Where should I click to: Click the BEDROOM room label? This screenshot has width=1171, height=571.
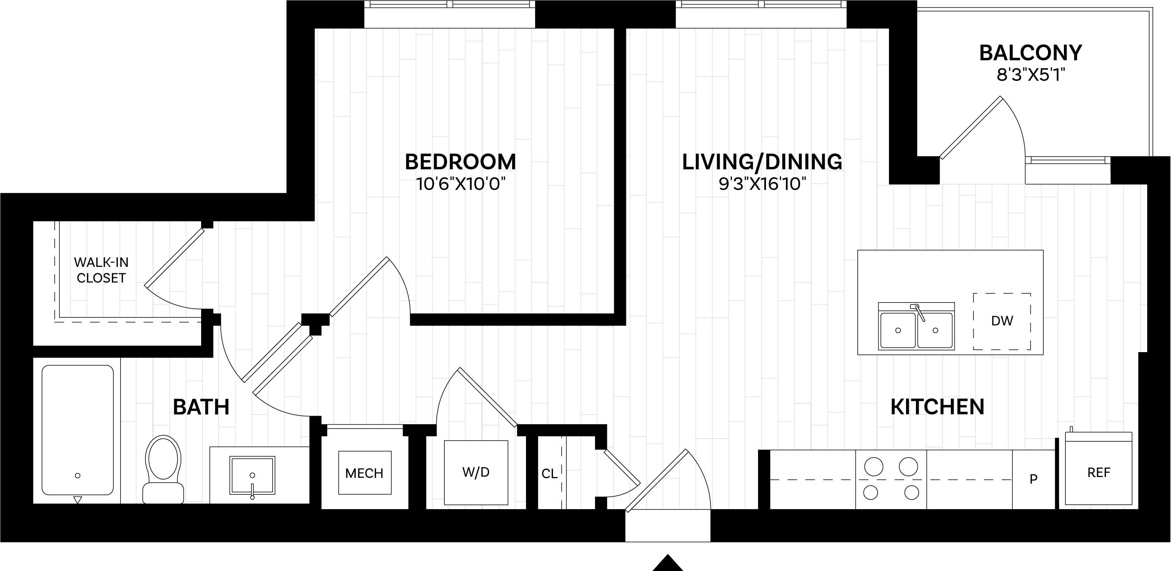click(460, 162)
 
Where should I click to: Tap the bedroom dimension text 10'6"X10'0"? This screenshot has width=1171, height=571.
click(461, 184)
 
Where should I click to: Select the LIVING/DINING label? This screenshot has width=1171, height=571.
click(762, 162)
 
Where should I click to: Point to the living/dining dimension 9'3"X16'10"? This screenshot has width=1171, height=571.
click(762, 184)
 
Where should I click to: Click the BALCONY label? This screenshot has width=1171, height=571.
click(1031, 53)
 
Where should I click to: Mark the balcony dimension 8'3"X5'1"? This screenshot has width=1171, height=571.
click(1031, 75)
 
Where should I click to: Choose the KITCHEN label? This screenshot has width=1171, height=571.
click(937, 406)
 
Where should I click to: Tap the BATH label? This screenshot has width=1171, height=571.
click(201, 406)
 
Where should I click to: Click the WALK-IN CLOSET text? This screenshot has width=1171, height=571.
click(101, 270)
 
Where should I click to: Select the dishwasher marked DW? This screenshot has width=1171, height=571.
click(1002, 321)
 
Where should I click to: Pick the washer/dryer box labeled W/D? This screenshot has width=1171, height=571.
click(476, 472)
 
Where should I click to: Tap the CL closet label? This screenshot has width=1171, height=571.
click(549, 474)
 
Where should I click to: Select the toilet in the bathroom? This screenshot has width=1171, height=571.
click(163, 469)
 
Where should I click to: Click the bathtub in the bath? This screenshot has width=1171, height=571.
click(77, 430)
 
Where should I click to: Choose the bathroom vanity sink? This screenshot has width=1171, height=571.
click(252, 475)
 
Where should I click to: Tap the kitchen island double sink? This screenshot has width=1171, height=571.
click(916, 326)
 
